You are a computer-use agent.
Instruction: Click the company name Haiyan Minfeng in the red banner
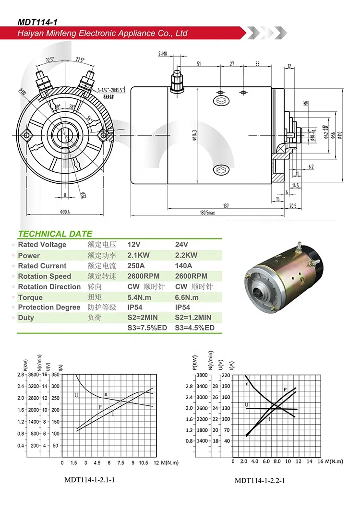click(x=102, y=34)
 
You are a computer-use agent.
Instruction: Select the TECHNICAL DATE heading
click(x=55, y=234)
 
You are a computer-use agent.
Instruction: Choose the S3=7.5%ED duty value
click(x=146, y=328)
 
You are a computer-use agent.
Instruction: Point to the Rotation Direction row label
click(x=49, y=287)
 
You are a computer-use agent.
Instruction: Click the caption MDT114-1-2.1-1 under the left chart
click(x=89, y=479)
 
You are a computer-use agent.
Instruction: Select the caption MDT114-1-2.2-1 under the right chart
click(x=260, y=480)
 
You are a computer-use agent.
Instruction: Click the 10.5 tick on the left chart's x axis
click(x=143, y=463)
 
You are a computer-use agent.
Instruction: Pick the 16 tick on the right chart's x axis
click(x=320, y=461)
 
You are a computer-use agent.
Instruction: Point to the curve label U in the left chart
click(x=76, y=395)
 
